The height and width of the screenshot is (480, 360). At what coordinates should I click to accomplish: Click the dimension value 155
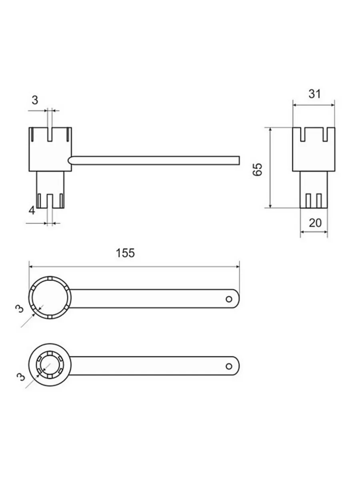coord(125,253)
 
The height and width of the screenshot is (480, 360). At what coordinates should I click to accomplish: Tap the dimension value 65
coord(257,170)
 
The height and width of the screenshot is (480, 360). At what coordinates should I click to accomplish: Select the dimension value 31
coord(314,94)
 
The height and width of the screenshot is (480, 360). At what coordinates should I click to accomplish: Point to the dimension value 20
coord(315,223)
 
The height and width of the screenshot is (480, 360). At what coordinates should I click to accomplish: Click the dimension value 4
coord(32,210)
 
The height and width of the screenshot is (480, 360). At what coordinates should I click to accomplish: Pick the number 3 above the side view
coord(35,100)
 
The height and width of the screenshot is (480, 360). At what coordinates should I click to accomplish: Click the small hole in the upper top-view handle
coord(229,299)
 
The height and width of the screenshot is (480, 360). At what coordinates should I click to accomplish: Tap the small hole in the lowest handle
coord(229,366)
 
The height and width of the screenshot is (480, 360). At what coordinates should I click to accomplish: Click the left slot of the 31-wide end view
coord(303,134)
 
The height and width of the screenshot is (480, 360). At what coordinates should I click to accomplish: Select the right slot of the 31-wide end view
coord(325,134)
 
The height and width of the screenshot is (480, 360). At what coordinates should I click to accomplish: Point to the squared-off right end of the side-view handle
coord(239,160)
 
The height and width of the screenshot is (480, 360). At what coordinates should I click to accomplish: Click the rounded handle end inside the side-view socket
coord(70,160)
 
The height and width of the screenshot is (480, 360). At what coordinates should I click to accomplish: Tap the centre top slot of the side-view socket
coord(50,134)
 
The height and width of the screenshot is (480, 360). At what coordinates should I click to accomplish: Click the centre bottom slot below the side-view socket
coord(50,201)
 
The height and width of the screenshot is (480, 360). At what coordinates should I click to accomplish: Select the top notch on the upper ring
coord(50,279)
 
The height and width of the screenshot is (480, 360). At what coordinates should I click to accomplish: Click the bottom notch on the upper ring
coord(50,317)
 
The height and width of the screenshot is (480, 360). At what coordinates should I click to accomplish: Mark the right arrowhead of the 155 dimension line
coord(237,267)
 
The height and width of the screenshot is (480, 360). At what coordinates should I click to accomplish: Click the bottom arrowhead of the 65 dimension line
coord(270,206)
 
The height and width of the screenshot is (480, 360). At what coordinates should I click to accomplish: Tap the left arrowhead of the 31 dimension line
coord(295,105)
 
